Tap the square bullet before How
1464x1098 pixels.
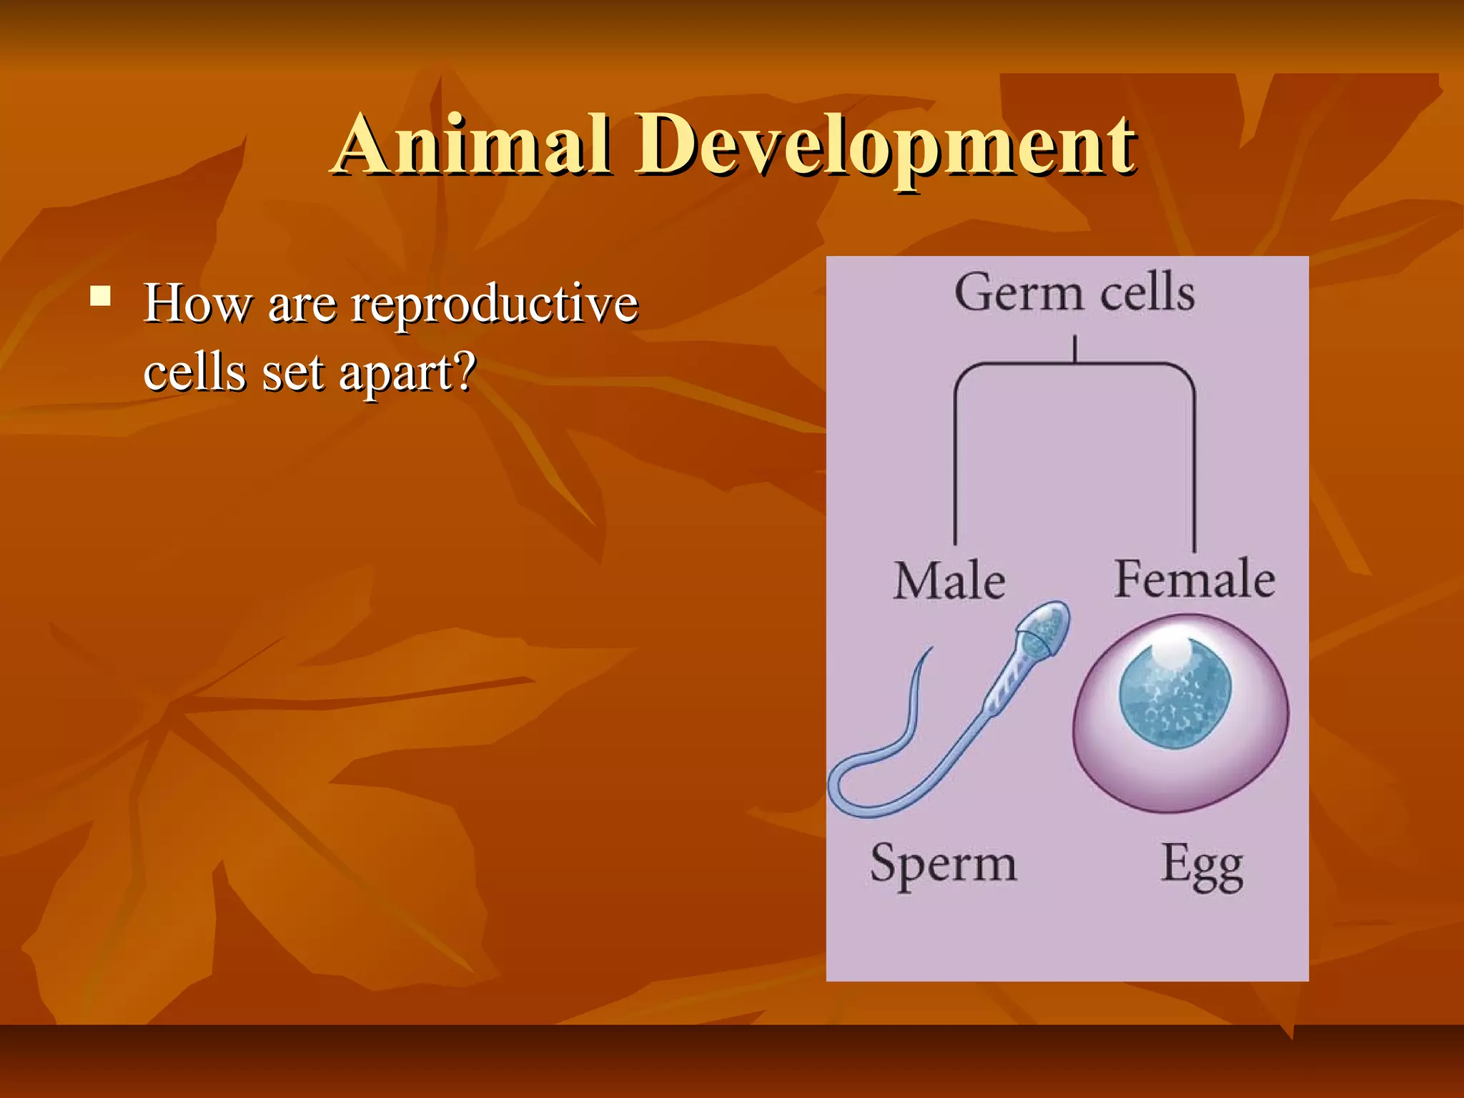coord(101,296)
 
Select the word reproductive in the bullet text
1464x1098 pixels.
coord(494,305)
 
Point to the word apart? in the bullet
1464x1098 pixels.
coord(406,373)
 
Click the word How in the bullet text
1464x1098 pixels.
coord(197,303)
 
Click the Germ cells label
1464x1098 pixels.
coord(1074,293)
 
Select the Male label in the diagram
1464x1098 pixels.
coord(949,580)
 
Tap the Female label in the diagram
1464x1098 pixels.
coord(1195,579)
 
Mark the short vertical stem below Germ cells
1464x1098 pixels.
coord(1074,350)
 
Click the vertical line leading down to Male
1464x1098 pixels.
coord(955,465)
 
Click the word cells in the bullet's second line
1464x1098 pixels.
coord(194,373)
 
